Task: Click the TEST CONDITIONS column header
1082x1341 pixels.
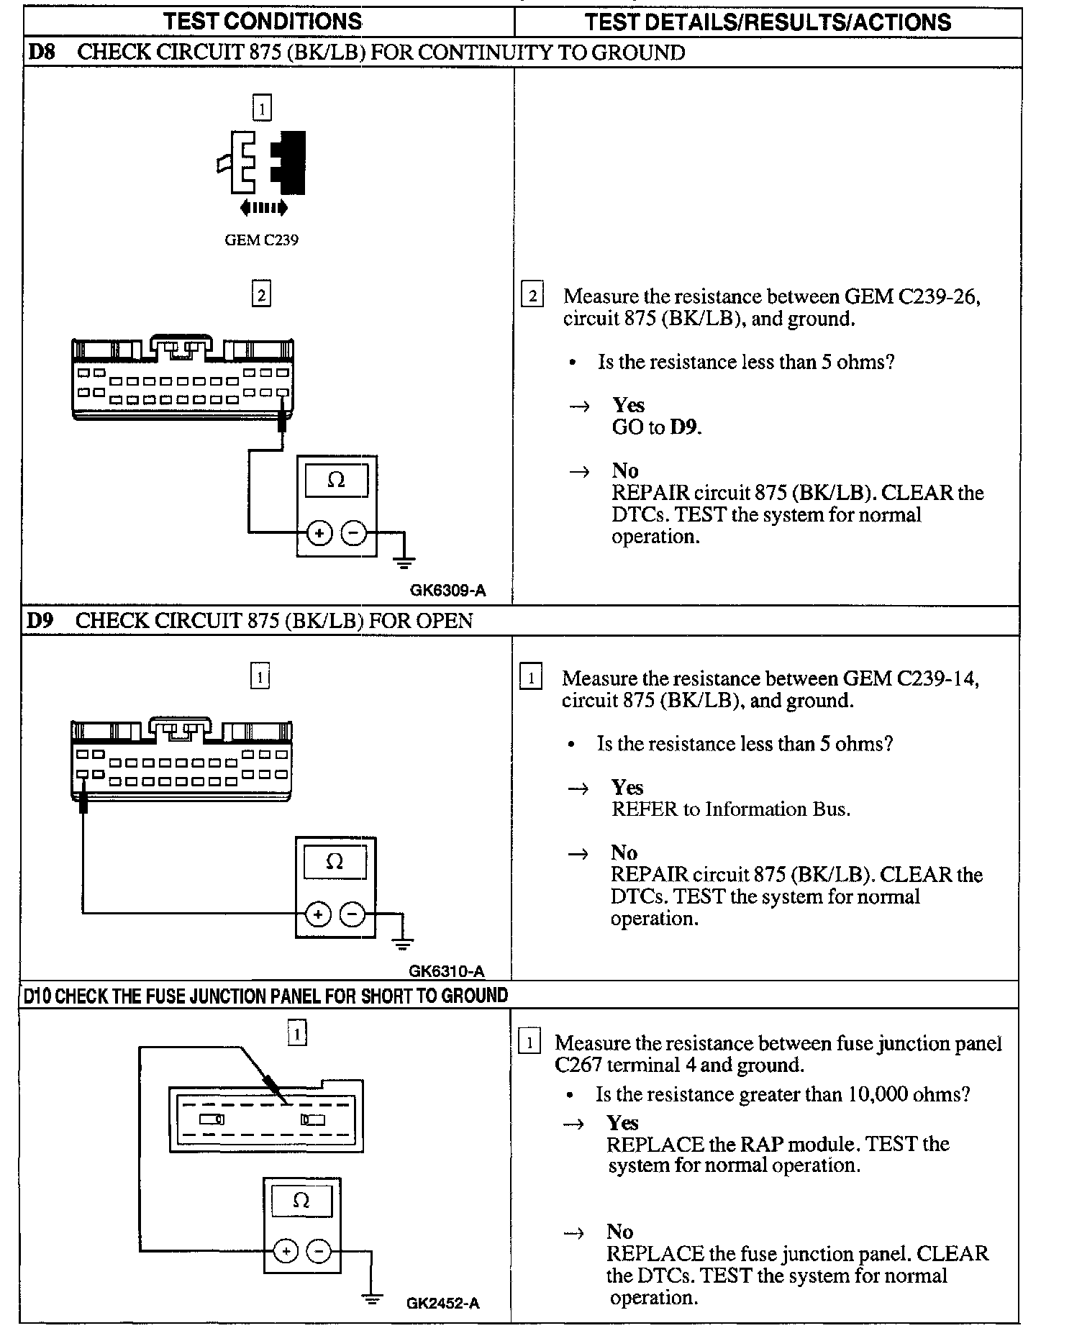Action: [x=263, y=22]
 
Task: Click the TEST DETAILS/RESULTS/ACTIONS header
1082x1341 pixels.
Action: [x=768, y=22]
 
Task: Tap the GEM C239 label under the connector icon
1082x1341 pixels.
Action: [x=261, y=240]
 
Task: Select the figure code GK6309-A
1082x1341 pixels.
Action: [x=447, y=591]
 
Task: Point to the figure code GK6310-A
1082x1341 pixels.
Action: [x=447, y=971]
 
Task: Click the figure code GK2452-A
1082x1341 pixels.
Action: [x=442, y=1303]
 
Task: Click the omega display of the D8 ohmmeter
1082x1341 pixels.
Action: [x=336, y=480]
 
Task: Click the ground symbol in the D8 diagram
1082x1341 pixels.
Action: [x=404, y=560]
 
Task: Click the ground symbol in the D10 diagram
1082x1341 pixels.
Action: [x=372, y=1299]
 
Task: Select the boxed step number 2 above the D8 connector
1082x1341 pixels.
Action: [x=261, y=294]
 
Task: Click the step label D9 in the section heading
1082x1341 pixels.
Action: [x=40, y=621]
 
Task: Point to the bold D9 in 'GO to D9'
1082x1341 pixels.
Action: [x=685, y=427]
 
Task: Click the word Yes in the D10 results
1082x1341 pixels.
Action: [x=622, y=1123]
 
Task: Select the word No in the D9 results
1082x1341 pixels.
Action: [x=624, y=853]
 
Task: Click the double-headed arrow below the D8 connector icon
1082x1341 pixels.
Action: [x=263, y=209]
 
